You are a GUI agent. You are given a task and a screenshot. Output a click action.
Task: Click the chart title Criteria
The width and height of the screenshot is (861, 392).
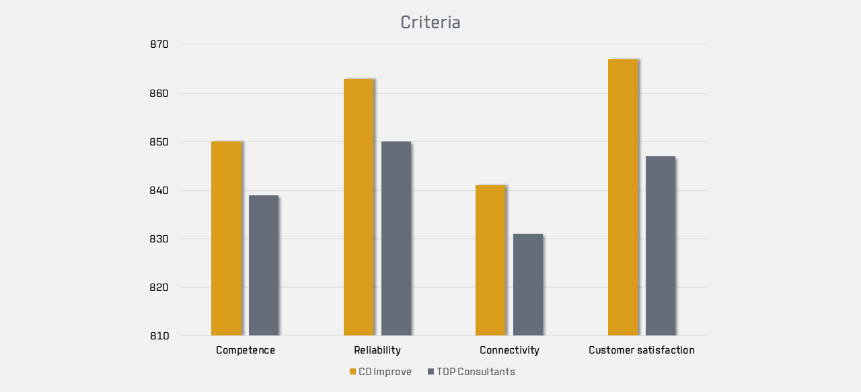[430, 22]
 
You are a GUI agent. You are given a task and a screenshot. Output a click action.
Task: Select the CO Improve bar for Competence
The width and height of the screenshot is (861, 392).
[227, 238]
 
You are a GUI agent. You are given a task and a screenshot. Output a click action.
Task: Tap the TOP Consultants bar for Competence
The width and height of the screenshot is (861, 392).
[264, 265]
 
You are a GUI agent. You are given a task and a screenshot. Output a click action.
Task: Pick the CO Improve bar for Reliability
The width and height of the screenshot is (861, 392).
[359, 207]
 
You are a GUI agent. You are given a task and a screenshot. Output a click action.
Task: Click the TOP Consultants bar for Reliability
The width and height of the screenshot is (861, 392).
[396, 238]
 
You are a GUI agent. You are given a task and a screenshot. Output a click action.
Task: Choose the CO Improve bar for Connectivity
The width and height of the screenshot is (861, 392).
[490, 261]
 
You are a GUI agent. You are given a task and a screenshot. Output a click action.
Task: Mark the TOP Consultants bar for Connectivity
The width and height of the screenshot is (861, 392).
[528, 285]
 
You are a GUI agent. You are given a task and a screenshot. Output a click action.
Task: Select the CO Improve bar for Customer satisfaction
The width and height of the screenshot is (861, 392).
[623, 197]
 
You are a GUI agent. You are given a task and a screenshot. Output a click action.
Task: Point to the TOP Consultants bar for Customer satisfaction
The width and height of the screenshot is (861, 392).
[661, 246]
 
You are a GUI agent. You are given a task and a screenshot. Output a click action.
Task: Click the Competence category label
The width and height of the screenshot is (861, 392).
[246, 350]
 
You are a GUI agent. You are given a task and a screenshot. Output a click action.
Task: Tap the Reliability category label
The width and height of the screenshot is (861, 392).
[377, 350]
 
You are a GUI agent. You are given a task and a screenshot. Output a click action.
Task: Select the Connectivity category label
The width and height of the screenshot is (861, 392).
[509, 350]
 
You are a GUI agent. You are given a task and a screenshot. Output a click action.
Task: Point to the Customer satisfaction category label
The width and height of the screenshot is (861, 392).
[642, 350]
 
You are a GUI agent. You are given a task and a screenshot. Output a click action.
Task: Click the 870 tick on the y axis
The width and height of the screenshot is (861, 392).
[159, 44]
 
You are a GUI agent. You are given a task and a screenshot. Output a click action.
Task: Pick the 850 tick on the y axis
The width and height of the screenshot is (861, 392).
[159, 142]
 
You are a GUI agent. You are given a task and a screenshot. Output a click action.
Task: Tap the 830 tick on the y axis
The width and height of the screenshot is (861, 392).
[159, 239]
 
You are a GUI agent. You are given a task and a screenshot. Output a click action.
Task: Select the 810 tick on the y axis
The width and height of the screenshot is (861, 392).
[159, 336]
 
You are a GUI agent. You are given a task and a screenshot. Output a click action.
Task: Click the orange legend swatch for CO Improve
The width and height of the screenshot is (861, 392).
[352, 372]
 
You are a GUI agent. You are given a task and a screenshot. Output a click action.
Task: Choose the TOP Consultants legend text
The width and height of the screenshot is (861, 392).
[476, 372]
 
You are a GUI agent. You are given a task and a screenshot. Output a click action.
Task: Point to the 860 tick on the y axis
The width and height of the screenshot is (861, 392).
[159, 94]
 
